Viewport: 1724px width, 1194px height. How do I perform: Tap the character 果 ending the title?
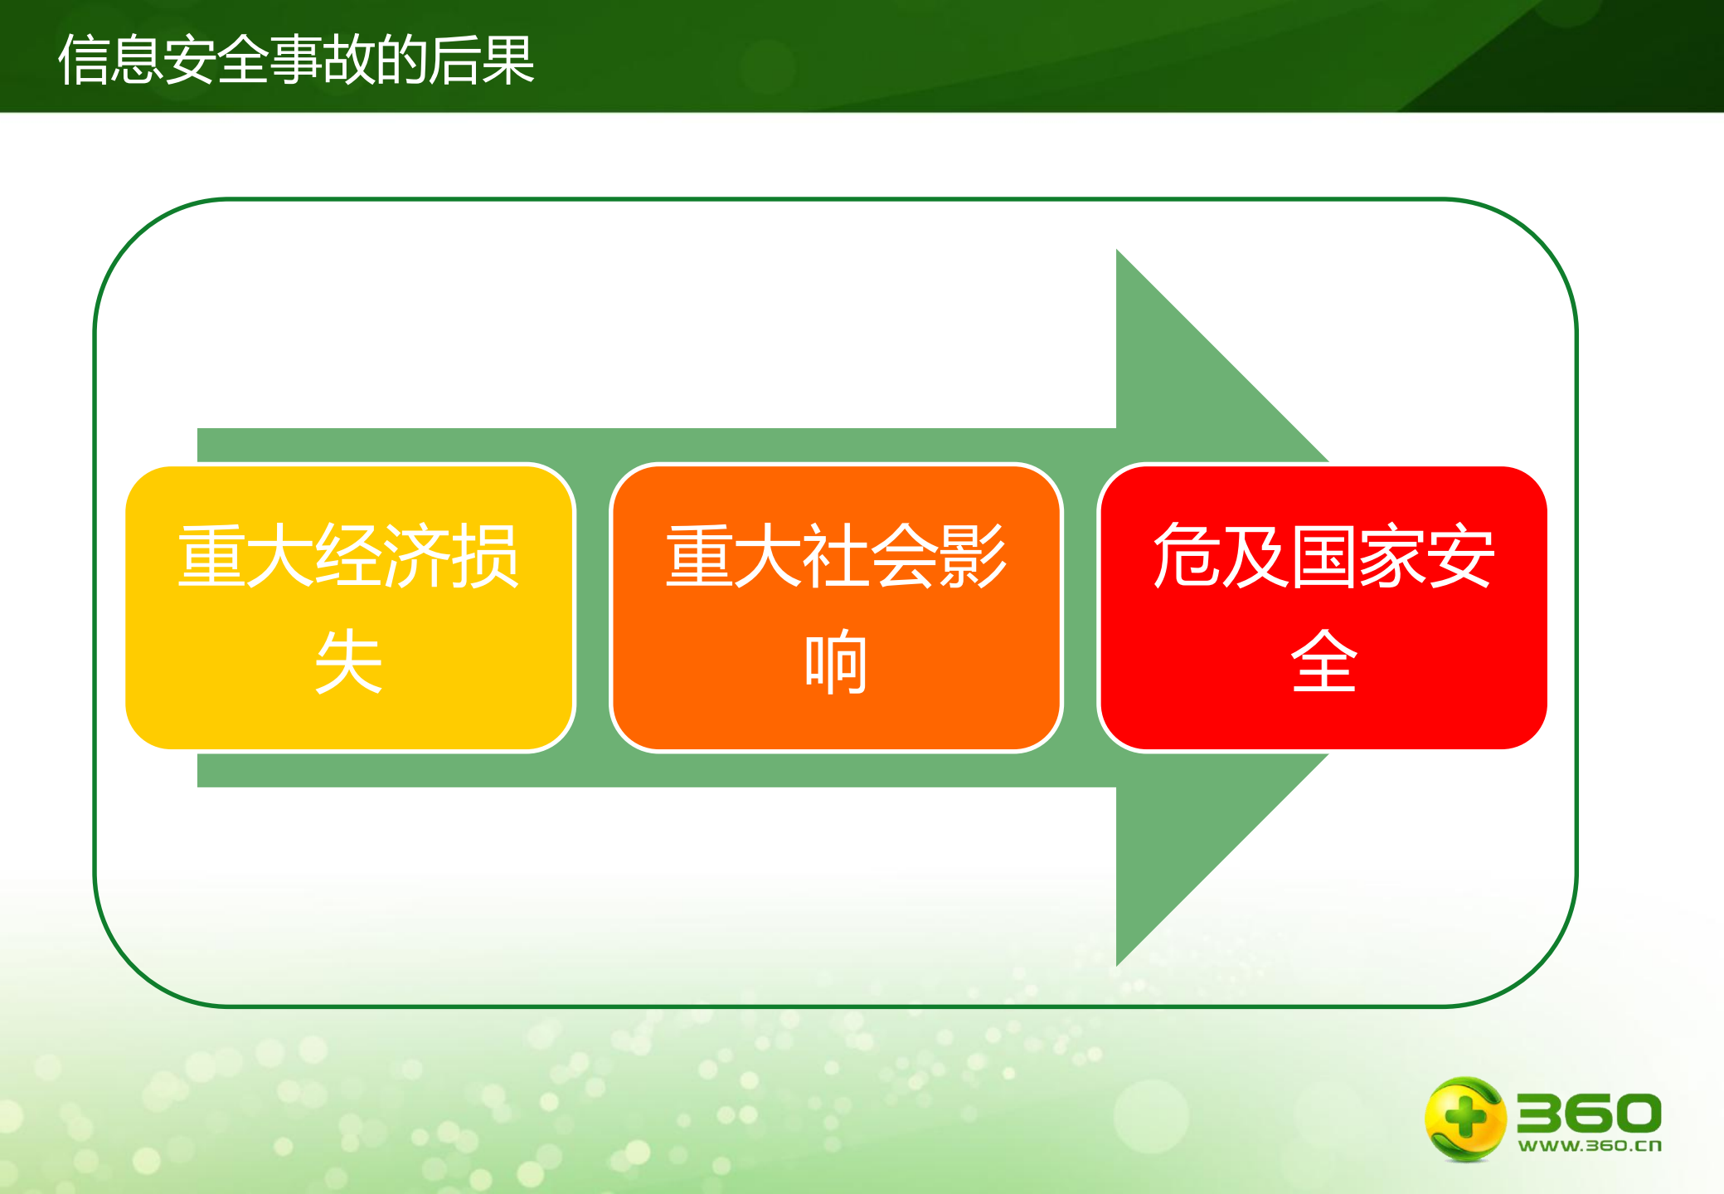pos(507,60)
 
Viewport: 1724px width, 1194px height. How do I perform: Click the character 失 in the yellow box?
pos(349,661)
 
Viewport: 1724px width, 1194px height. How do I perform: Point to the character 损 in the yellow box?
pos(486,556)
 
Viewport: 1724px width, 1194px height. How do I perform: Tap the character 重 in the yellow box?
pos(211,556)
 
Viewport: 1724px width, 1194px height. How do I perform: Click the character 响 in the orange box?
pos(836,661)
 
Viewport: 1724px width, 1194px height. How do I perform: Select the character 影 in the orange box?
pos(973,556)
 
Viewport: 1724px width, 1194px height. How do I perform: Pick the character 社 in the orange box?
pos(836,556)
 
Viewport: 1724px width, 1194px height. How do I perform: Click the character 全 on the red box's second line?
pos(1323,661)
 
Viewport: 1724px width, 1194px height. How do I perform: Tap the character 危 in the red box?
pos(1187,556)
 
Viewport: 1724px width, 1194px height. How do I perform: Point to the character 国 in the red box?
pos(1323,556)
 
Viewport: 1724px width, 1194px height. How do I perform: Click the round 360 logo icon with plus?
pos(1464,1118)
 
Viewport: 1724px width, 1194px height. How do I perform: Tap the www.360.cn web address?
pos(1589,1146)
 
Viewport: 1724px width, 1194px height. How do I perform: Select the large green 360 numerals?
pos(1589,1113)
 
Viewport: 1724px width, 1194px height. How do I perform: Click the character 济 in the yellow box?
pos(417,556)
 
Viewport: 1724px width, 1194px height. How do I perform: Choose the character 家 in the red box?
pos(1392,556)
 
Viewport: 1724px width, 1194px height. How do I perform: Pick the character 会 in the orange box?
pos(904,556)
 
